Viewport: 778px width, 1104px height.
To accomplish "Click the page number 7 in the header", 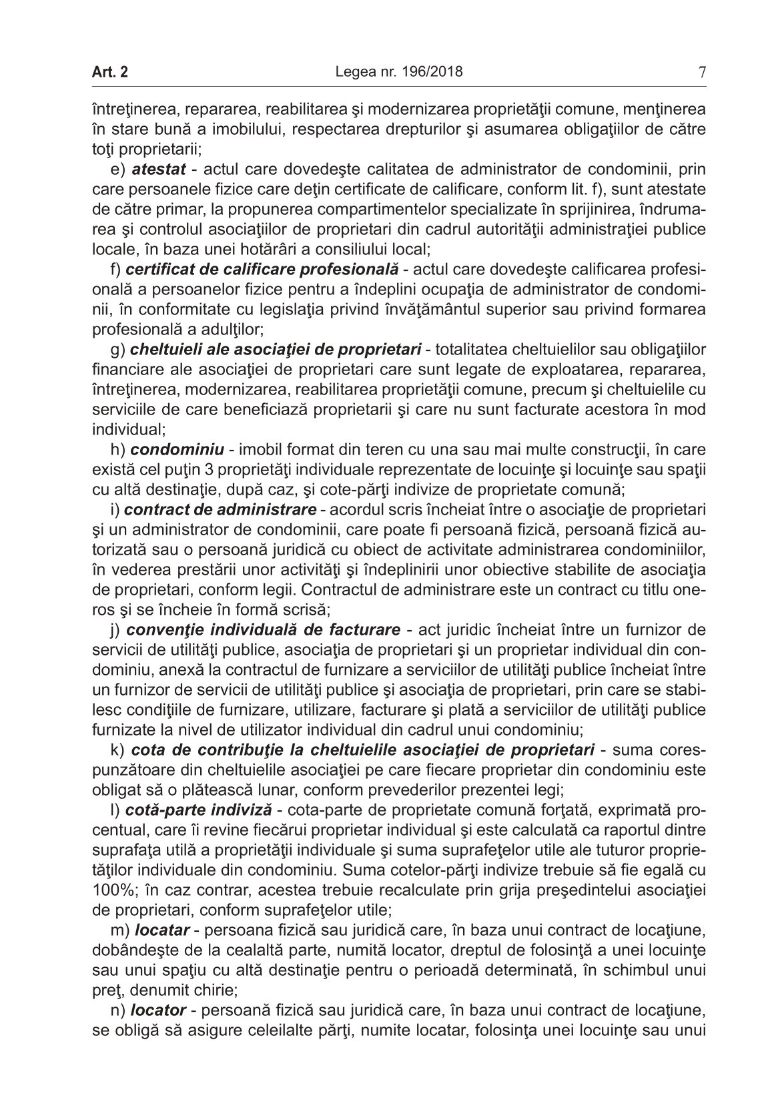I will click(x=701, y=72).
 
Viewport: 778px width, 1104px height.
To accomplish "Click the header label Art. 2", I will click(x=110, y=72).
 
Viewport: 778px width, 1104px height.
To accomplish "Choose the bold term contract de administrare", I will click(x=220, y=510).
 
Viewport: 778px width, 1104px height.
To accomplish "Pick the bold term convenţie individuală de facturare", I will click(x=264, y=629).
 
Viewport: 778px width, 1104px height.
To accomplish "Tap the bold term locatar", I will click(x=162, y=928).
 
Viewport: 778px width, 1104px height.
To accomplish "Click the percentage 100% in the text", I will click(x=108, y=890).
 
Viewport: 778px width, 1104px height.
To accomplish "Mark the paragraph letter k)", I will click(x=116, y=750).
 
